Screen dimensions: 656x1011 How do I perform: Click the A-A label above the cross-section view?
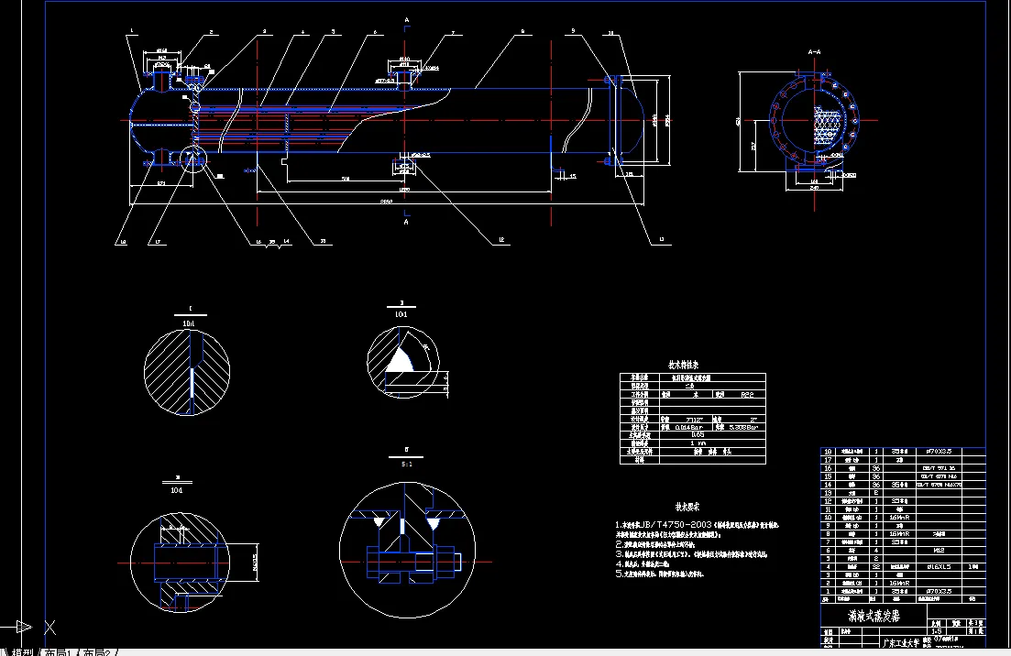813,53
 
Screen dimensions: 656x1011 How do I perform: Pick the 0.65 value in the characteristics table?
698,434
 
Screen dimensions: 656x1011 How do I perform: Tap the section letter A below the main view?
406,222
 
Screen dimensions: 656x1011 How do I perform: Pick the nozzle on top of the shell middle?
403,72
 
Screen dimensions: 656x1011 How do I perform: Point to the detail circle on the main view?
194,159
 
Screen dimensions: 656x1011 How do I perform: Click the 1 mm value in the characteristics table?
698,443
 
